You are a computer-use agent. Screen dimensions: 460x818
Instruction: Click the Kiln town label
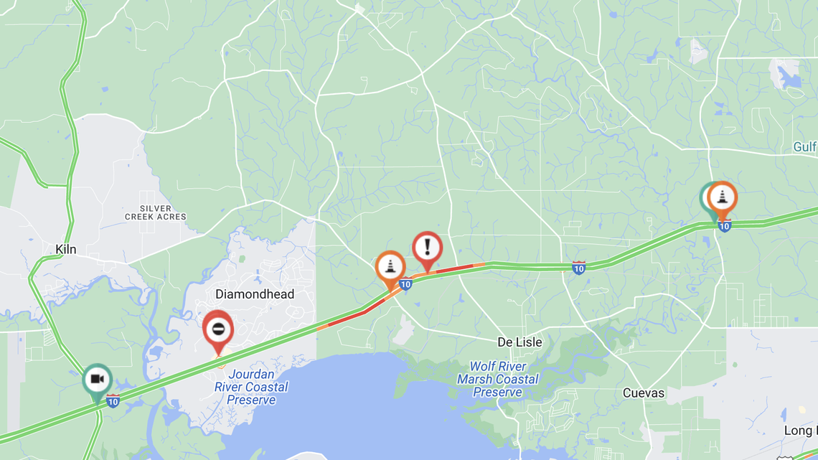click(x=65, y=250)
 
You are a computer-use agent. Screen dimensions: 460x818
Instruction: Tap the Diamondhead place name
click(x=255, y=294)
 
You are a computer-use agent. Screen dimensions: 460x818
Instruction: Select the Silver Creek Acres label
click(x=156, y=212)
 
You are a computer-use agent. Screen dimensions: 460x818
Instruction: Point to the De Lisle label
click(x=520, y=342)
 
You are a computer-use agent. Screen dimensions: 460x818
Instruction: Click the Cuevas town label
click(x=643, y=393)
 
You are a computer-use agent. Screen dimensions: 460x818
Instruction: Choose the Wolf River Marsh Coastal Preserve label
click(x=497, y=380)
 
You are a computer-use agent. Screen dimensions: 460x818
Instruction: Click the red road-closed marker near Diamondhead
click(x=218, y=329)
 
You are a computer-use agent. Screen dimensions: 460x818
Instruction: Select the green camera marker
click(x=97, y=380)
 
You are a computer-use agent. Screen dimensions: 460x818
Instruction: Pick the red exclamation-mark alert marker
click(x=428, y=248)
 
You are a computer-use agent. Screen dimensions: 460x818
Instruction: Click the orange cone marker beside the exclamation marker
click(x=390, y=267)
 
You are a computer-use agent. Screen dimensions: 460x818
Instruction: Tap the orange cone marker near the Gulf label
click(x=723, y=197)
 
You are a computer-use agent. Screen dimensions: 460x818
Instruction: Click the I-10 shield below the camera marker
click(x=113, y=401)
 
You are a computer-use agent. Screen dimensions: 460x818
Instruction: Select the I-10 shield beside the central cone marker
click(x=405, y=284)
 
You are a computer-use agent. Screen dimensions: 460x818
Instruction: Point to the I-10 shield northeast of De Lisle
click(x=578, y=268)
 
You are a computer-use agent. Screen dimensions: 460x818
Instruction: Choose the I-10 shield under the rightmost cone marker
click(x=724, y=226)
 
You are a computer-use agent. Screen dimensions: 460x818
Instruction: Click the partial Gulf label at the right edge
click(x=805, y=147)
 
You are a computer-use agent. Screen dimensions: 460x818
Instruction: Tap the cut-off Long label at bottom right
click(x=800, y=431)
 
